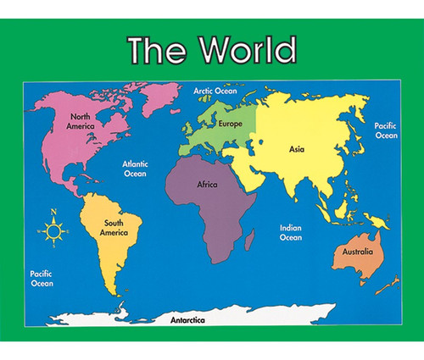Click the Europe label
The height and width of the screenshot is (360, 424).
(230, 124)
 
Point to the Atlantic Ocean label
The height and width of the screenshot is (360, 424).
(135, 169)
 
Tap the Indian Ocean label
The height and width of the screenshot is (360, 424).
(291, 232)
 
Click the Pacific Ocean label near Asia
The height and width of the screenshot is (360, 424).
(386, 130)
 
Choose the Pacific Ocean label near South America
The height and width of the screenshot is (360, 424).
(42, 278)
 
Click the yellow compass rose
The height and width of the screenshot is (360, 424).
(53, 228)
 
